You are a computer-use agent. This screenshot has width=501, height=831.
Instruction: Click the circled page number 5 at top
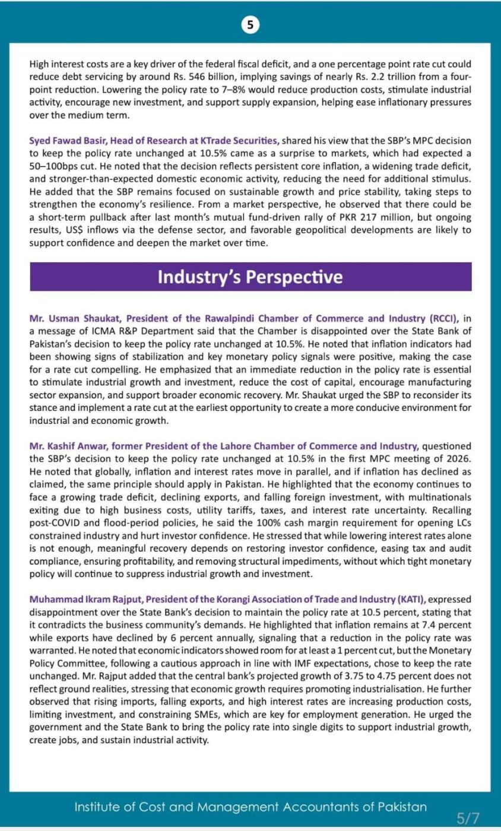[250, 24]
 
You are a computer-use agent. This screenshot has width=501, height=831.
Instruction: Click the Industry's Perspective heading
[250, 277]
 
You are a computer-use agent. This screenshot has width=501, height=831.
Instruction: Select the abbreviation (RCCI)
[441, 318]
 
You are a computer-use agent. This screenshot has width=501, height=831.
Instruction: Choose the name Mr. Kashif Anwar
[70, 446]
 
